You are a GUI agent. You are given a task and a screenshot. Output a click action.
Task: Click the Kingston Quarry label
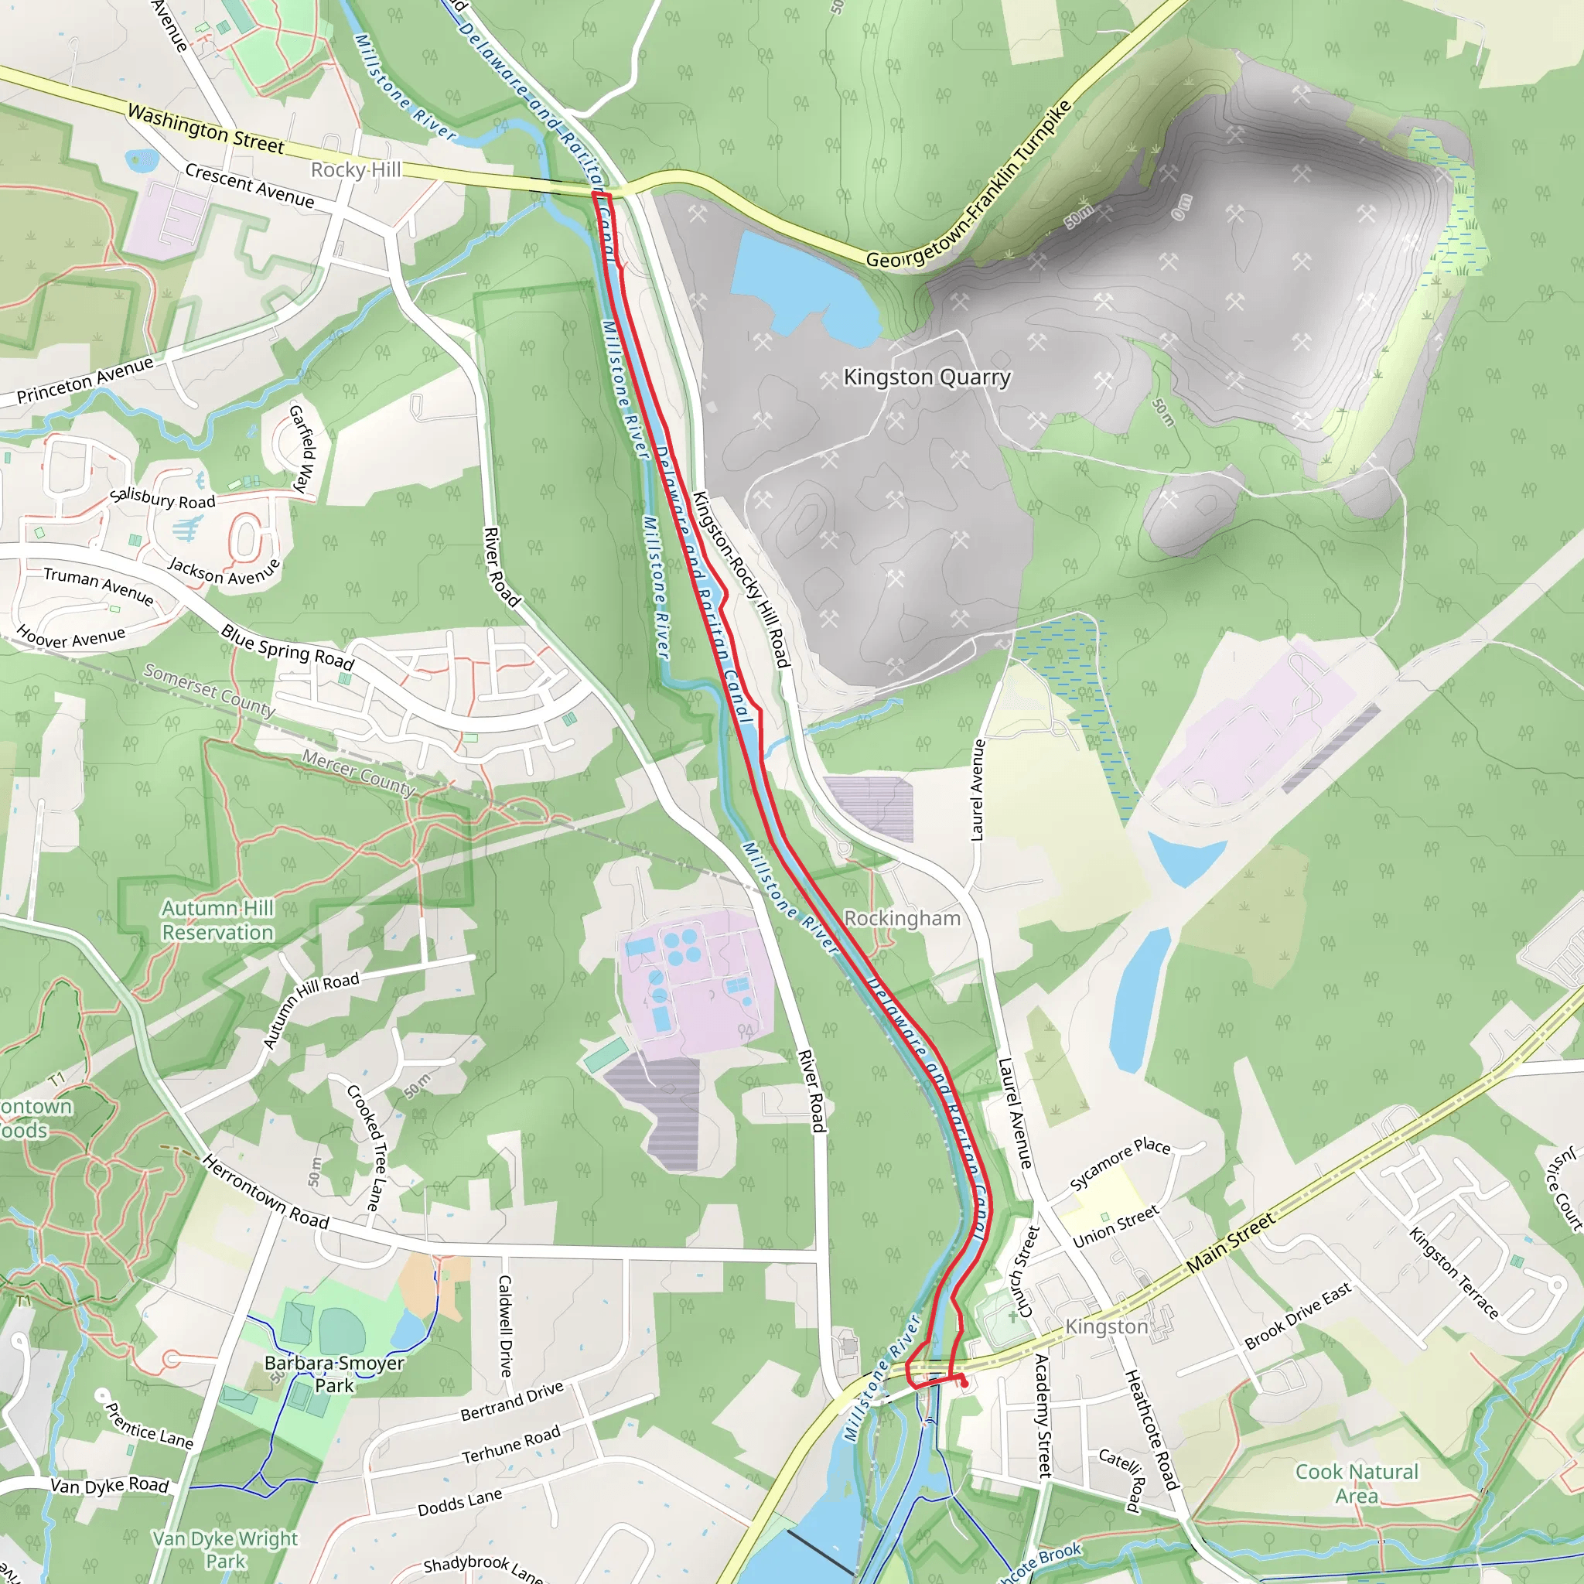click(927, 377)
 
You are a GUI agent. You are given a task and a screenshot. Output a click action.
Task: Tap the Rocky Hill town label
click(356, 169)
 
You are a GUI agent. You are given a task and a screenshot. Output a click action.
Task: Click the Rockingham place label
click(902, 918)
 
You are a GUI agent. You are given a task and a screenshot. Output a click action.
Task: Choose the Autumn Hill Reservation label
click(217, 920)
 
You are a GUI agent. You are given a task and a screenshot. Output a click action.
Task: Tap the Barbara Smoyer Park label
click(333, 1374)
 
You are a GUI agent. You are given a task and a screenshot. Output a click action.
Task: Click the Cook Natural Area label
click(1356, 1483)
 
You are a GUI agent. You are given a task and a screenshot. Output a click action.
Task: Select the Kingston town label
click(1106, 1326)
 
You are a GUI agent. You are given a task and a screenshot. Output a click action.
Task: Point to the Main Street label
click(1230, 1243)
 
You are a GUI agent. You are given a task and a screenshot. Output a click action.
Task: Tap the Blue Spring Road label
click(287, 647)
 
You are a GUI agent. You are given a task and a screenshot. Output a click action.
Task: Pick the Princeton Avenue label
click(85, 380)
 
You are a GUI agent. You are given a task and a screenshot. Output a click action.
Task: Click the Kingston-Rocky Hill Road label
click(741, 579)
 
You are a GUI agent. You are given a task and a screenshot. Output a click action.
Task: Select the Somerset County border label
click(209, 689)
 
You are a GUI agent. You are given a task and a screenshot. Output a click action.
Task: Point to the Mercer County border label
click(358, 773)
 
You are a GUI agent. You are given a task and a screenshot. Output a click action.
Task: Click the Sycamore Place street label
click(1120, 1163)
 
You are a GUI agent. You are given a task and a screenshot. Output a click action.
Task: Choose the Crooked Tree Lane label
click(364, 1148)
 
